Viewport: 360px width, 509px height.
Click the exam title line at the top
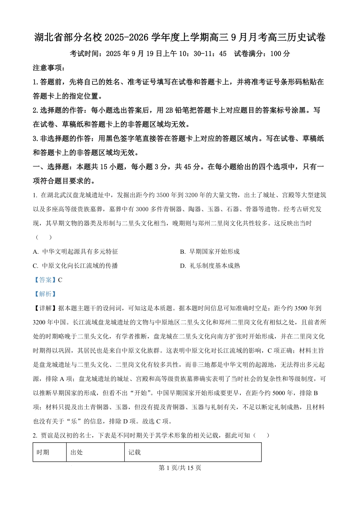pyautogui.click(x=180, y=37)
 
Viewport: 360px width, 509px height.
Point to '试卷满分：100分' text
pyautogui.click(x=262, y=54)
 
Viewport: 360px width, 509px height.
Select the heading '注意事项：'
pyautogui.click(x=49, y=68)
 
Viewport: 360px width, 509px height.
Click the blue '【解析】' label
pyautogui.click(x=45, y=294)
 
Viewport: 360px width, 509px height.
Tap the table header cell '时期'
pyautogui.click(x=43, y=452)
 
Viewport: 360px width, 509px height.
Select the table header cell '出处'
pyautogui.click(x=77, y=452)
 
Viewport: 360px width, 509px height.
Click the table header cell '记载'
pyautogui.click(x=135, y=452)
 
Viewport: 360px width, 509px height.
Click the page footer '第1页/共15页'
pyautogui.click(x=180, y=468)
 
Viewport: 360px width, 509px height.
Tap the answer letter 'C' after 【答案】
pyautogui.click(x=60, y=280)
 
